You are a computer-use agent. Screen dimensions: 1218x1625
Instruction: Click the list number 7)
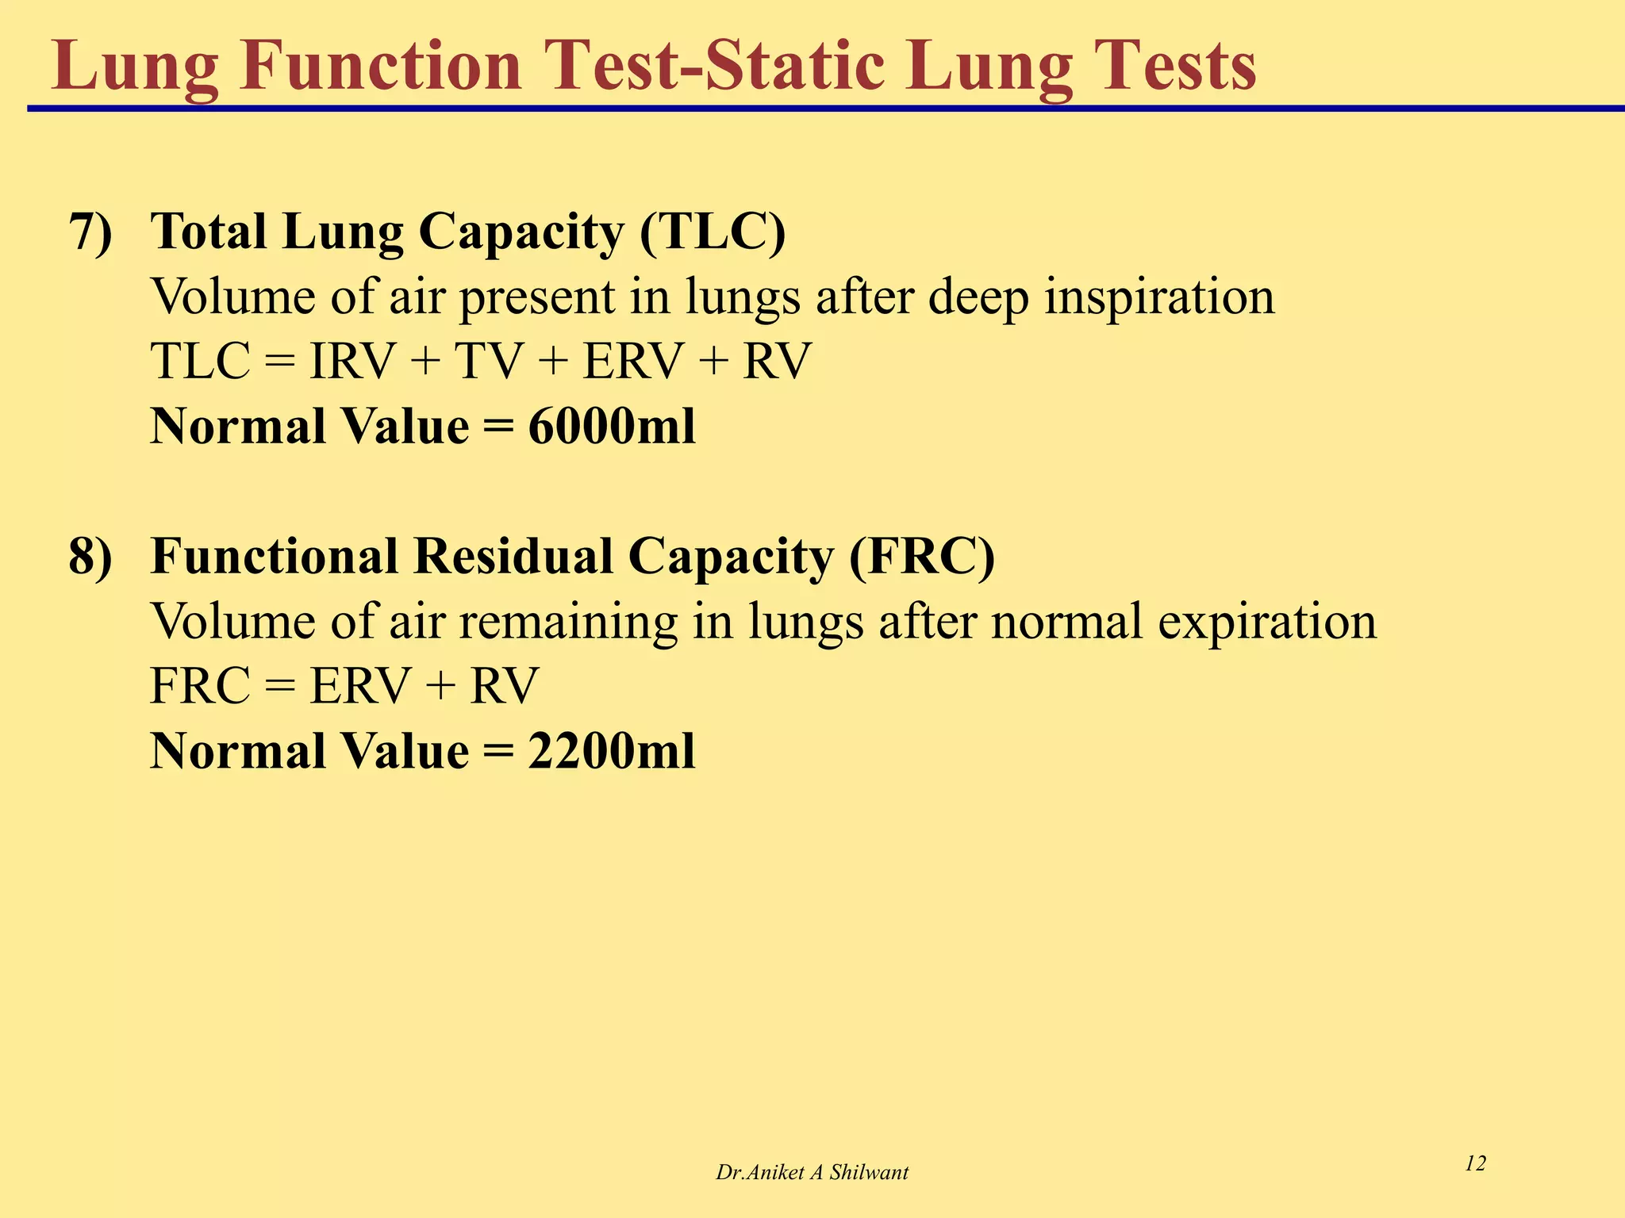pos(91,232)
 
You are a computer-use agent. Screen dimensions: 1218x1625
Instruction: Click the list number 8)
pos(91,557)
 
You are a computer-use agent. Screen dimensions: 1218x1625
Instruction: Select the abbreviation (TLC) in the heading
pos(712,232)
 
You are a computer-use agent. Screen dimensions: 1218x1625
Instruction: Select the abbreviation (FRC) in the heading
pos(921,557)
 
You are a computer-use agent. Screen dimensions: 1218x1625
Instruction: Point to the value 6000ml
pos(612,427)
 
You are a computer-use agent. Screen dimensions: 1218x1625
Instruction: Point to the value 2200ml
pos(612,752)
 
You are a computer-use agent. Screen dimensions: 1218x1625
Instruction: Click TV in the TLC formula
pos(488,362)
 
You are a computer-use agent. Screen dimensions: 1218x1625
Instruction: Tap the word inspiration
pos(1159,298)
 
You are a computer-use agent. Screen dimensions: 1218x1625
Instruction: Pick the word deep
pos(977,298)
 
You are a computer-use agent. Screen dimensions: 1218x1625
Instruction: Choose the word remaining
pos(568,622)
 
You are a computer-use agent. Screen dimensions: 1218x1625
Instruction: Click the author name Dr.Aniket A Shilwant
pos(812,1173)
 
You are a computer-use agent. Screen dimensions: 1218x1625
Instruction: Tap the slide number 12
pos(1475,1163)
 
